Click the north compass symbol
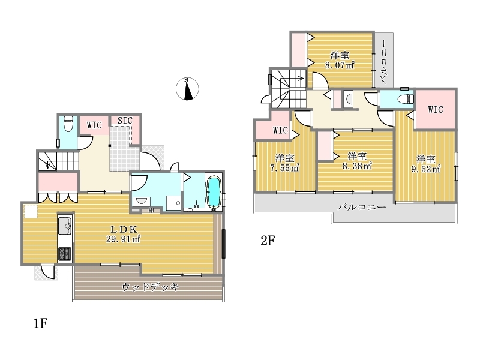pos(187,89)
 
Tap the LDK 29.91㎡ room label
pos(124,234)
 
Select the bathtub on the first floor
pos(214,193)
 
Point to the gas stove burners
pos(65,254)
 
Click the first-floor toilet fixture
pos(68,124)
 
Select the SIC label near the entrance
pos(125,121)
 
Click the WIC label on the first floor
pos(94,125)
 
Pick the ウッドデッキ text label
pos(151,287)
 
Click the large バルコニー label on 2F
pos(362,207)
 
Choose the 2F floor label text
pos(268,241)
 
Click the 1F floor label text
pos(40,323)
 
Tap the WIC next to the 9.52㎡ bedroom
pos(436,109)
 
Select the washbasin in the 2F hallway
pos(349,98)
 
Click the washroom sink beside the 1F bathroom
pos(141,202)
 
